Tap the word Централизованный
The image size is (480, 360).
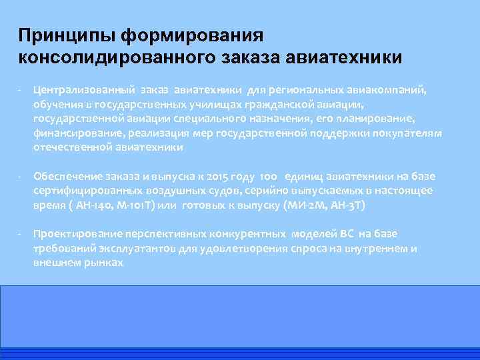[x=85, y=89]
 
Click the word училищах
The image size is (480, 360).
[x=194, y=104]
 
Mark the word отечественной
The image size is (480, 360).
[x=67, y=147]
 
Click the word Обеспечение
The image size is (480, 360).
[x=67, y=176]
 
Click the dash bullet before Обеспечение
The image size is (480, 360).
[x=21, y=176]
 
